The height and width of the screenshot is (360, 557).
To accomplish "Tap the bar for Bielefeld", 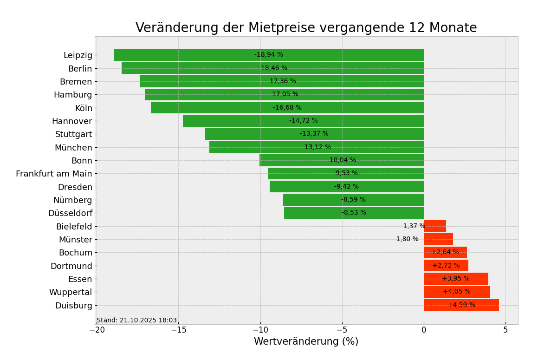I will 435,226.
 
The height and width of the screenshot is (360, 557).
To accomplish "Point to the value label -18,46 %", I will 273,68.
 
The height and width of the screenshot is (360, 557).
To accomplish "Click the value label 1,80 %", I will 407,239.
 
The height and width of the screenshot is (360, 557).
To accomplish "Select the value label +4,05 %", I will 457,292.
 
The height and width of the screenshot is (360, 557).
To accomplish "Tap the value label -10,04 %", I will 342,160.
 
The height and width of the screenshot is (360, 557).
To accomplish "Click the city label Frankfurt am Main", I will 54,174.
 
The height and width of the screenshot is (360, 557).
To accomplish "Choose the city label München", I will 73,148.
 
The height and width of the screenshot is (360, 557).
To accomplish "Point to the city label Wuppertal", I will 71,292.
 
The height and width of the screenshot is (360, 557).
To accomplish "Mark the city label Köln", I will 84,108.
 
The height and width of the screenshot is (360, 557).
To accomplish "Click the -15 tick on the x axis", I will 178,330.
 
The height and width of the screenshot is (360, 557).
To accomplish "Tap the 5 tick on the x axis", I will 505,330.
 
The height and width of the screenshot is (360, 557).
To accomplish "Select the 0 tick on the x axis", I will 424,330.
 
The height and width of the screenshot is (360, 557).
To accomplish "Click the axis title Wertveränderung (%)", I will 306,342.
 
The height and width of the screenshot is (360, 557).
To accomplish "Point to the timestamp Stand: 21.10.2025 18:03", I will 137,321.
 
